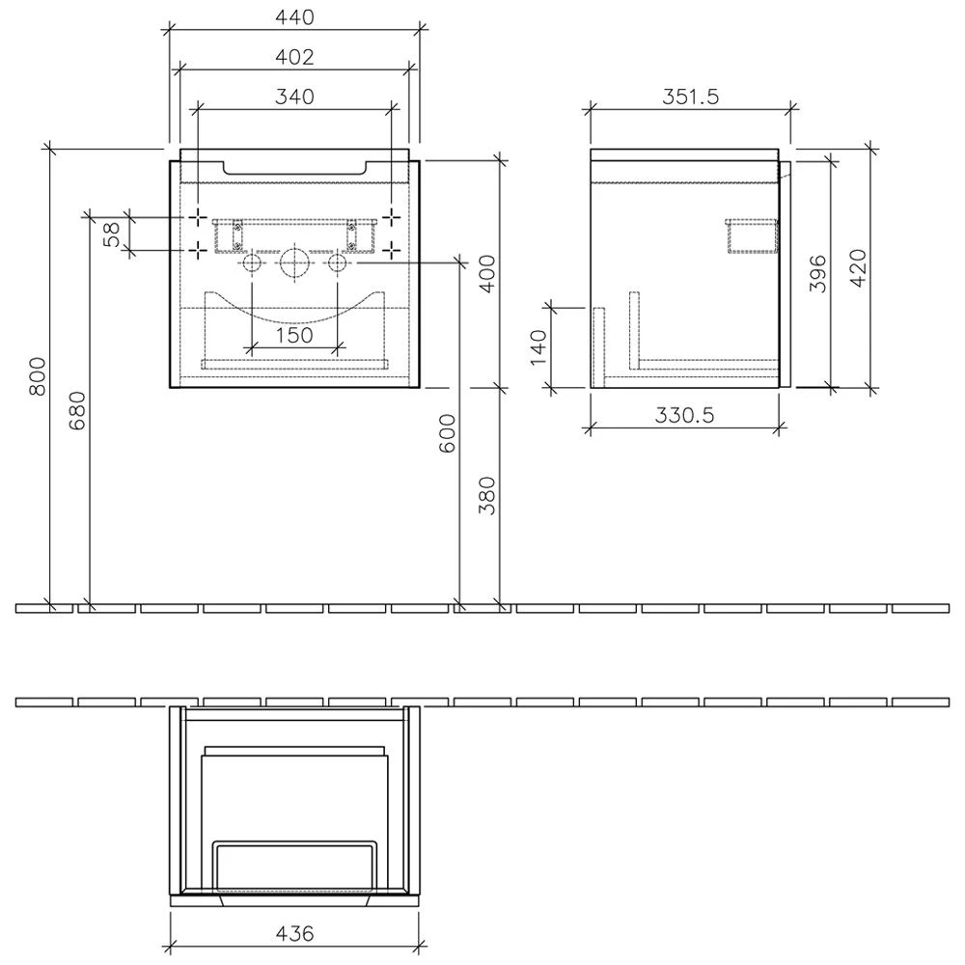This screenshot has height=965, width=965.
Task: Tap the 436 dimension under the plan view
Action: coord(295,934)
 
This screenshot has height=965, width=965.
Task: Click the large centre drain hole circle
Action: coord(294,262)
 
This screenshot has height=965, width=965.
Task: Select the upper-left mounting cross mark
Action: coord(197,215)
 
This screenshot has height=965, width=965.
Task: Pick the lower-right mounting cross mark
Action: coord(392,250)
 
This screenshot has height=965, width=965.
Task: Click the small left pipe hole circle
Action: coord(251,262)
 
